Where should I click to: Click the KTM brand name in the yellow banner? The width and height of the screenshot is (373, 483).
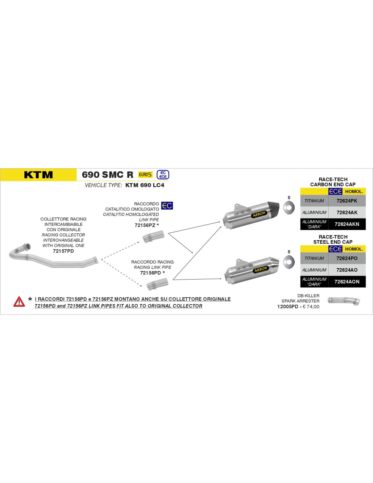click(x=38, y=175)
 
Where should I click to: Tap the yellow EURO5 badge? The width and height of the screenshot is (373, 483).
click(x=145, y=175)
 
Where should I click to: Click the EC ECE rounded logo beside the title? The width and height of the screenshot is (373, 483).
click(x=163, y=175)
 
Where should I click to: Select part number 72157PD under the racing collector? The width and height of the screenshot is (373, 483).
click(x=63, y=251)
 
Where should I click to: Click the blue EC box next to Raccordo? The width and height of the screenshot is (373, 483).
click(x=167, y=205)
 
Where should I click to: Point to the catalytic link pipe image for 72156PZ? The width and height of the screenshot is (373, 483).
click(x=153, y=237)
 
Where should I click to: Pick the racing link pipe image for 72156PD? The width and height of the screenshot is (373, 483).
click(x=157, y=284)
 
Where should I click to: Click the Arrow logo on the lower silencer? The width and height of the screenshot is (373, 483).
click(x=261, y=270)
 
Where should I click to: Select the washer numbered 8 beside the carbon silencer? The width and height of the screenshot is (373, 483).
click(x=289, y=208)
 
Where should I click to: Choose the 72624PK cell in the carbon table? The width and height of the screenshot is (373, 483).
click(x=347, y=201)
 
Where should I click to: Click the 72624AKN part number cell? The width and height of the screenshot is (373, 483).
click(x=347, y=224)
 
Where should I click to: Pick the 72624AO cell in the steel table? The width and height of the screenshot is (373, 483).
click(x=347, y=270)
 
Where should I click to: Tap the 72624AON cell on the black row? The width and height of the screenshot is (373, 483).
click(x=347, y=282)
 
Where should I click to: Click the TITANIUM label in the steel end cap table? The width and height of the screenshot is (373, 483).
click(x=314, y=258)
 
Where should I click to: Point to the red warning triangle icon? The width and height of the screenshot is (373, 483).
click(x=19, y=302)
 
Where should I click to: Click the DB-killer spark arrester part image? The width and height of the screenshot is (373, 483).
click(x=344, y=301)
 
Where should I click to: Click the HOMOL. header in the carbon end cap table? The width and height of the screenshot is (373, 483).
click(x=354, y=191)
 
